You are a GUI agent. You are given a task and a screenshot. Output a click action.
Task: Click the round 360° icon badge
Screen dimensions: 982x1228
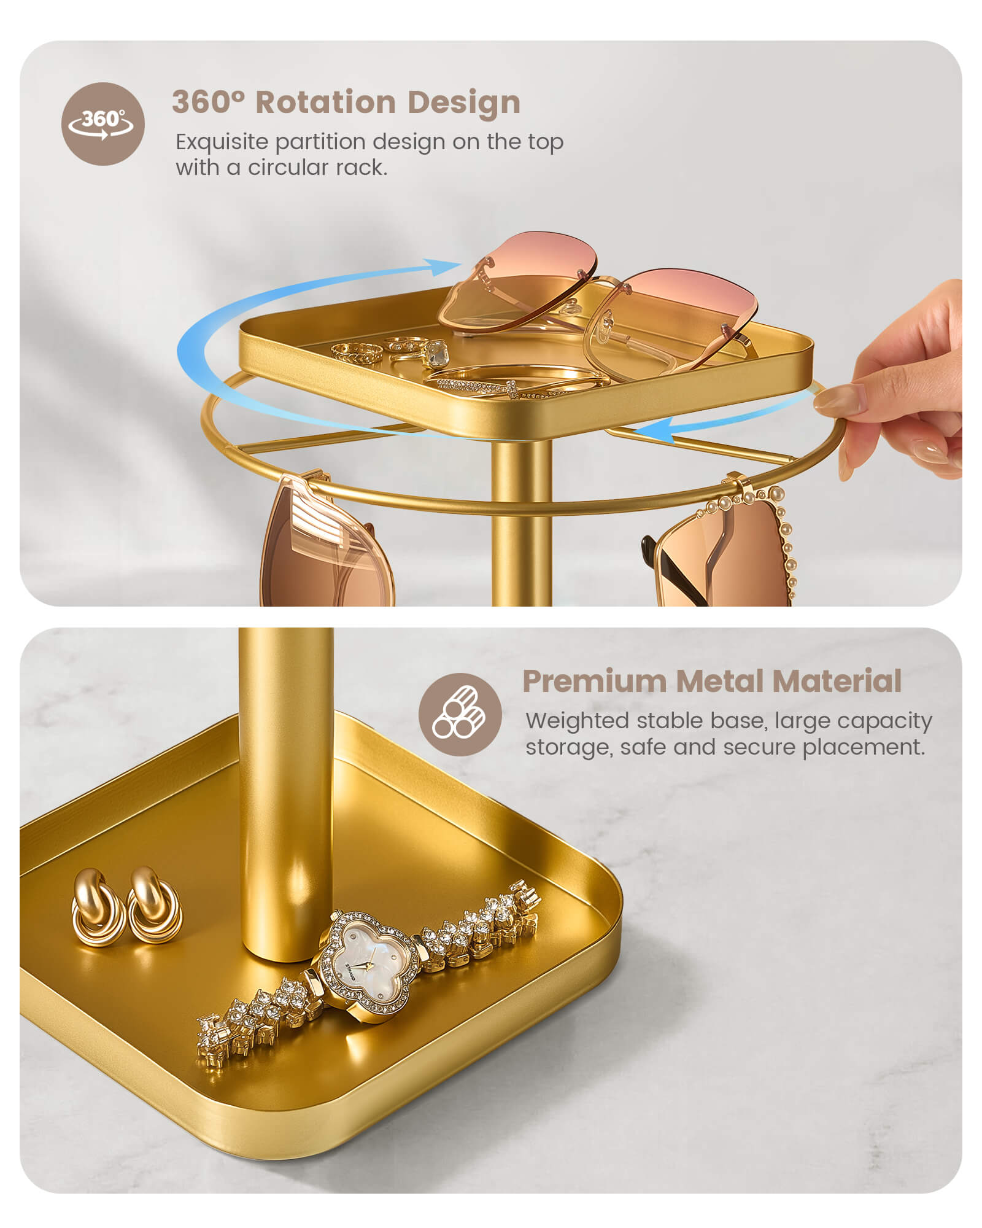[103, 124]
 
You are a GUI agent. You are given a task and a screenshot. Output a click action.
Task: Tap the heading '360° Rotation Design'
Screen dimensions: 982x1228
[346, 102]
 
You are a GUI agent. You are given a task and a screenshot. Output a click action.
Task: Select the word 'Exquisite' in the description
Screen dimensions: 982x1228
[222, 142]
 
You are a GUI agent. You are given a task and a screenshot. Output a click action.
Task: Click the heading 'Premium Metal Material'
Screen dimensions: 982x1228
[712, 681]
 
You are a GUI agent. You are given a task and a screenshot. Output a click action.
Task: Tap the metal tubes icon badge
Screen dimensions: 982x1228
[460, 714]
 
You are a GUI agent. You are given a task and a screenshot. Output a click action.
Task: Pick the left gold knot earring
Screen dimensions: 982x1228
[96, 907]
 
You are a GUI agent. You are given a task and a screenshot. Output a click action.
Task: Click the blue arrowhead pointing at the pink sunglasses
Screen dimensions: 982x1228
[441, 266]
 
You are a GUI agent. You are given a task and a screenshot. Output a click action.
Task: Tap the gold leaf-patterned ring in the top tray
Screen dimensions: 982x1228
[356, 352]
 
